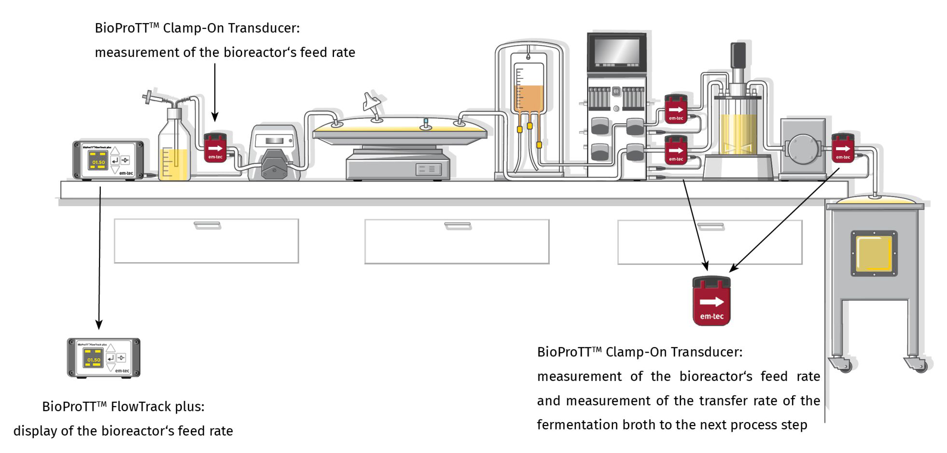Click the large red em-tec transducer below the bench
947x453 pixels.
(711, 302)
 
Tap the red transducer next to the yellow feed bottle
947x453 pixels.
(215, 148)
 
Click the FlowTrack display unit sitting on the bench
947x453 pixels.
(108, 160)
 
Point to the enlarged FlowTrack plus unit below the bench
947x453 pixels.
(103, 358)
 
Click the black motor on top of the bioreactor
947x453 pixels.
(738, 55)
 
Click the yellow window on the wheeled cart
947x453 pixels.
(874, 254)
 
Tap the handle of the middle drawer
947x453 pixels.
(457, 226)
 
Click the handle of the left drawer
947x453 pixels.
(207, 225)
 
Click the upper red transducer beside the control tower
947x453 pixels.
(676, 109)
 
